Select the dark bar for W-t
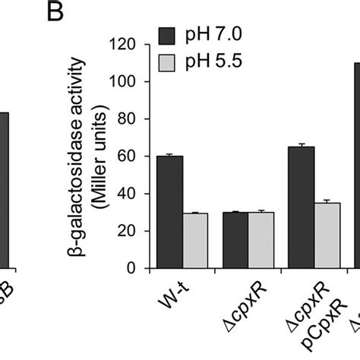169,212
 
